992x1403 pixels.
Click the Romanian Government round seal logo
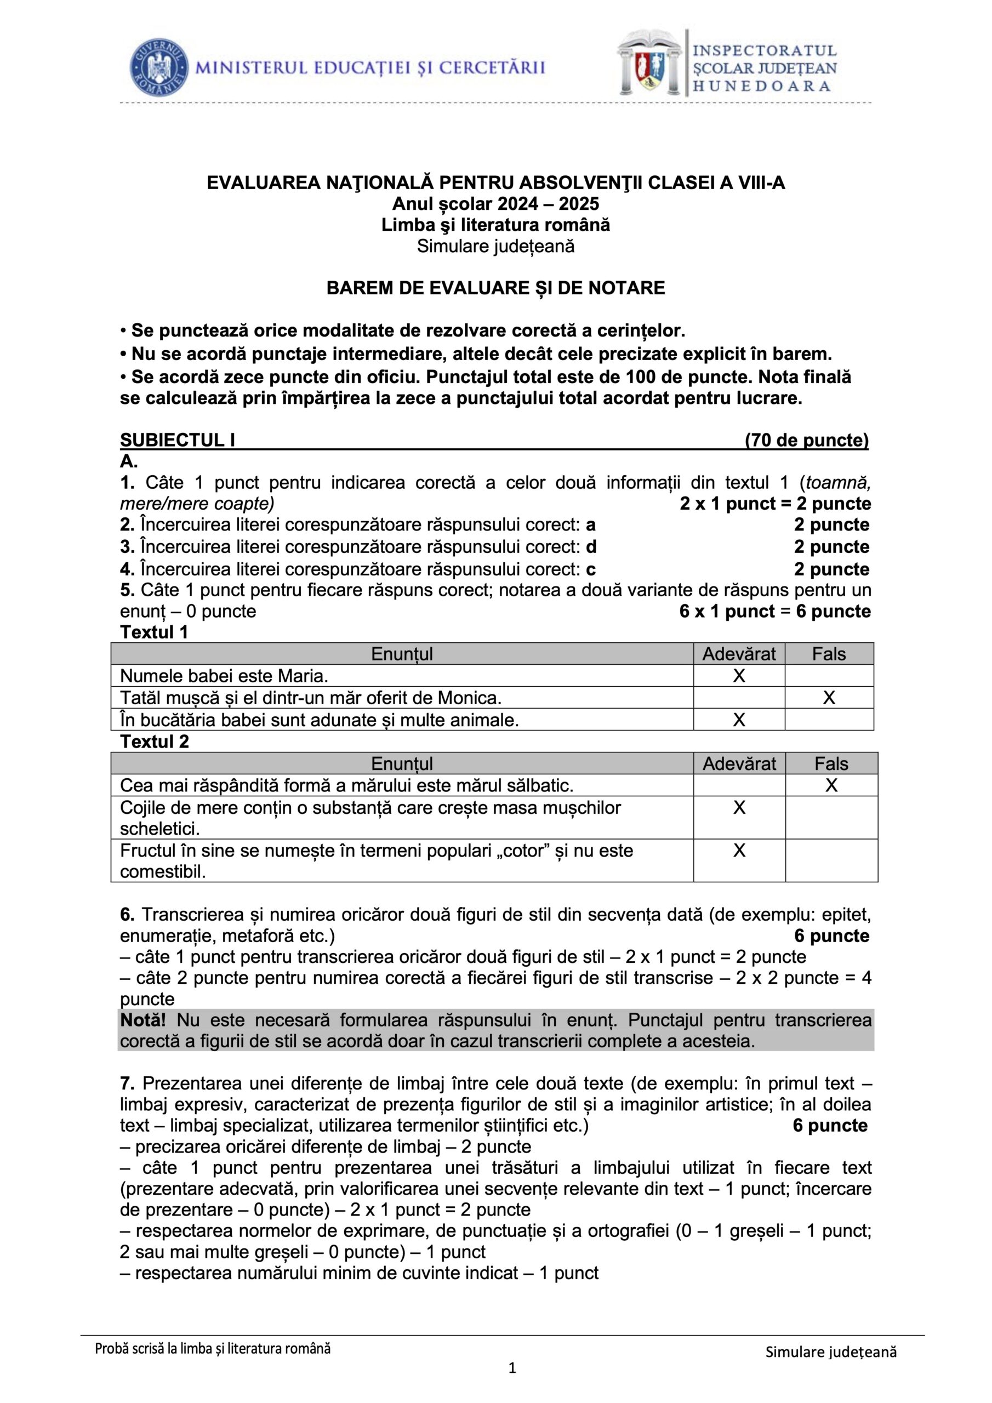(x=158, y=67)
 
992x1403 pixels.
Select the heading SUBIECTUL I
(x=177, y=441)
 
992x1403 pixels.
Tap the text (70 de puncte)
(x=806, y=441)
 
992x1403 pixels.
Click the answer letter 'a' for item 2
(x=590, y=525)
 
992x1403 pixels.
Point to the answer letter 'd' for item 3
(x=591, y=547)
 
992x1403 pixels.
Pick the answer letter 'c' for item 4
(x=590, y=569)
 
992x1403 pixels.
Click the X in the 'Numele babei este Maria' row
(x=738, y=676)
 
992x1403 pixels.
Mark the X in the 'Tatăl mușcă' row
(x=828, y=698)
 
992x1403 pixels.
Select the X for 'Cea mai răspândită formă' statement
(x=831, y=785)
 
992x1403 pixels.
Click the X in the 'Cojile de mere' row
(x=738, y=808)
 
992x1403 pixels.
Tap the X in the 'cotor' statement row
(x=738, y=851)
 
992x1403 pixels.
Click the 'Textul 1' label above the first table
(x=154, y=632)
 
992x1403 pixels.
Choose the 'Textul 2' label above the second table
(x=155, y=742)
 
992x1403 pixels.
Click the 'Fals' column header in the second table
(x=831, y=764)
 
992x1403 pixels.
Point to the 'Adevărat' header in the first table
(x=738, y=654)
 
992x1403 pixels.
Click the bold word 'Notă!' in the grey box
(x=142, y=1020)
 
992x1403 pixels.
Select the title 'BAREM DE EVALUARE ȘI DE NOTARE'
(x=495, y=288)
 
